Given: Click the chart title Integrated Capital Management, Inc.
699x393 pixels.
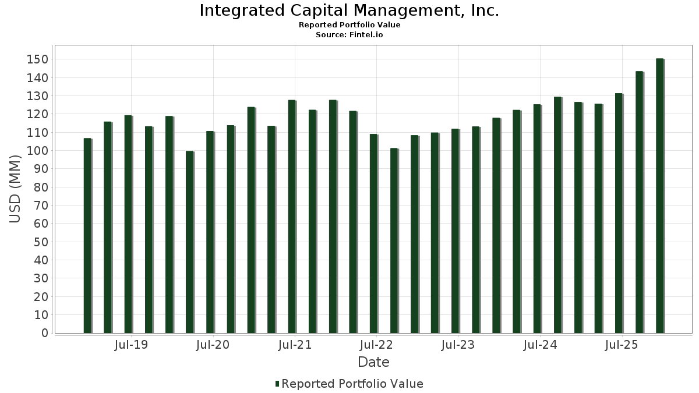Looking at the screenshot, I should [x=349, y=10].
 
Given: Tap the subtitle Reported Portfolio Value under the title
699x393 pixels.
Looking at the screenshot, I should [x=349, y=25].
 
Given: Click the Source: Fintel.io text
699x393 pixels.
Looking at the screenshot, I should [x=349, y=35].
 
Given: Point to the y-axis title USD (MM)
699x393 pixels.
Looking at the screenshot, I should [x=15, y=189].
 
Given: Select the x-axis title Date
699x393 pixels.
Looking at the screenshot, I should [x=373, y=362].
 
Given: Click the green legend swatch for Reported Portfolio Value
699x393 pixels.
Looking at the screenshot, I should [x=277, y=384].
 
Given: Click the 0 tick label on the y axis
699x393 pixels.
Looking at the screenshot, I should [x=44, y=333].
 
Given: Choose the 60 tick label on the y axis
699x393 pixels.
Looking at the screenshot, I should [x=40, y=224].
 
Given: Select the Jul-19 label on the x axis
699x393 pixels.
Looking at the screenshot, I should [x=132, y=345].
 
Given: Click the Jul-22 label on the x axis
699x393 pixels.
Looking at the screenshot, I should [x=377, y=345].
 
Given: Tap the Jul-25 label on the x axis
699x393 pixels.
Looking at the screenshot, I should [x=622, y=345].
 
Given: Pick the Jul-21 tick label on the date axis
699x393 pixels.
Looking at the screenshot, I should [x=295, y=345].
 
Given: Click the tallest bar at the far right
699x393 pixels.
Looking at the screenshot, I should [x=659, y=196].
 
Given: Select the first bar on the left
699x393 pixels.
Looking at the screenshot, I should [x=87, y=236].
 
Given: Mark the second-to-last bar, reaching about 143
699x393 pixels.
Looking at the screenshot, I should [x=639, y=202].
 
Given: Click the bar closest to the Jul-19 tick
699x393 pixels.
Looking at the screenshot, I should [x=128, y=224].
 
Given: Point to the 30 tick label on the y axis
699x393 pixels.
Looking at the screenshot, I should [x=40, y=278].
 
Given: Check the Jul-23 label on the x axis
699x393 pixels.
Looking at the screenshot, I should [x=458, y=345].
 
